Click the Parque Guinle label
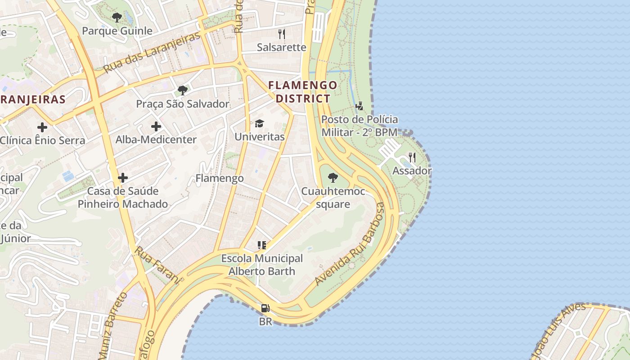tap(117, 31)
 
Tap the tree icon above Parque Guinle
tap(117, 18)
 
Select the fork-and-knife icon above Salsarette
tap(282, 34)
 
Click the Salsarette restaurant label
tap(281, 47)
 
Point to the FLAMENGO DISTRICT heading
tap(303, 92)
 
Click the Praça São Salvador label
tap(183, 104)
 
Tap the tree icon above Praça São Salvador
tap(183, 90)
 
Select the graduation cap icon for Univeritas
tap(260, 123)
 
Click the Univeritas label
tap(260, 137)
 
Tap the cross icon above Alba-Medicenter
tap(156, 126)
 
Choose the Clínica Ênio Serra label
tap(42, 140)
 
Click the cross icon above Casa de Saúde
tap(123, 178)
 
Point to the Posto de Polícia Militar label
tap(360, 126)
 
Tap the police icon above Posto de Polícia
tap(359, 106)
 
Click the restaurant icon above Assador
tap(412, 157)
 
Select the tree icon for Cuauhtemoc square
tap(333, 178)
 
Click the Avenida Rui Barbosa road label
tap(351, 244)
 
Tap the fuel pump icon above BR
tap(265, 308)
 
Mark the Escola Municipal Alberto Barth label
tap(262, 265)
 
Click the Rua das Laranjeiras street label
tap(151, 53)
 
